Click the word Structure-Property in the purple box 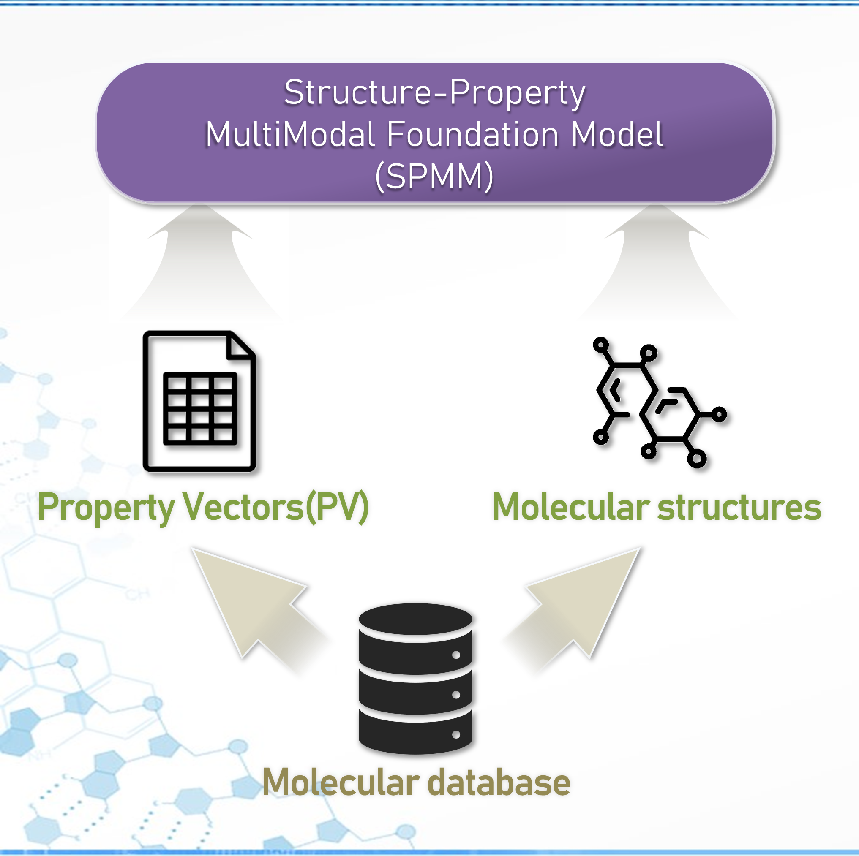434,92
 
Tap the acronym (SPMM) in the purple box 434,177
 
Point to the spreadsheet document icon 199,401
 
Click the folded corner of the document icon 240,347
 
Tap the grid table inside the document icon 200,408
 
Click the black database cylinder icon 415,679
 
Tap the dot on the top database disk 456,655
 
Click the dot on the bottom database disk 456,735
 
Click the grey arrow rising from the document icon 200,262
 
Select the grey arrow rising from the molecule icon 656,262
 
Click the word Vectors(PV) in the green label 275,508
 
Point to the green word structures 739,508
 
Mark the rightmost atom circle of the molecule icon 719,415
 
